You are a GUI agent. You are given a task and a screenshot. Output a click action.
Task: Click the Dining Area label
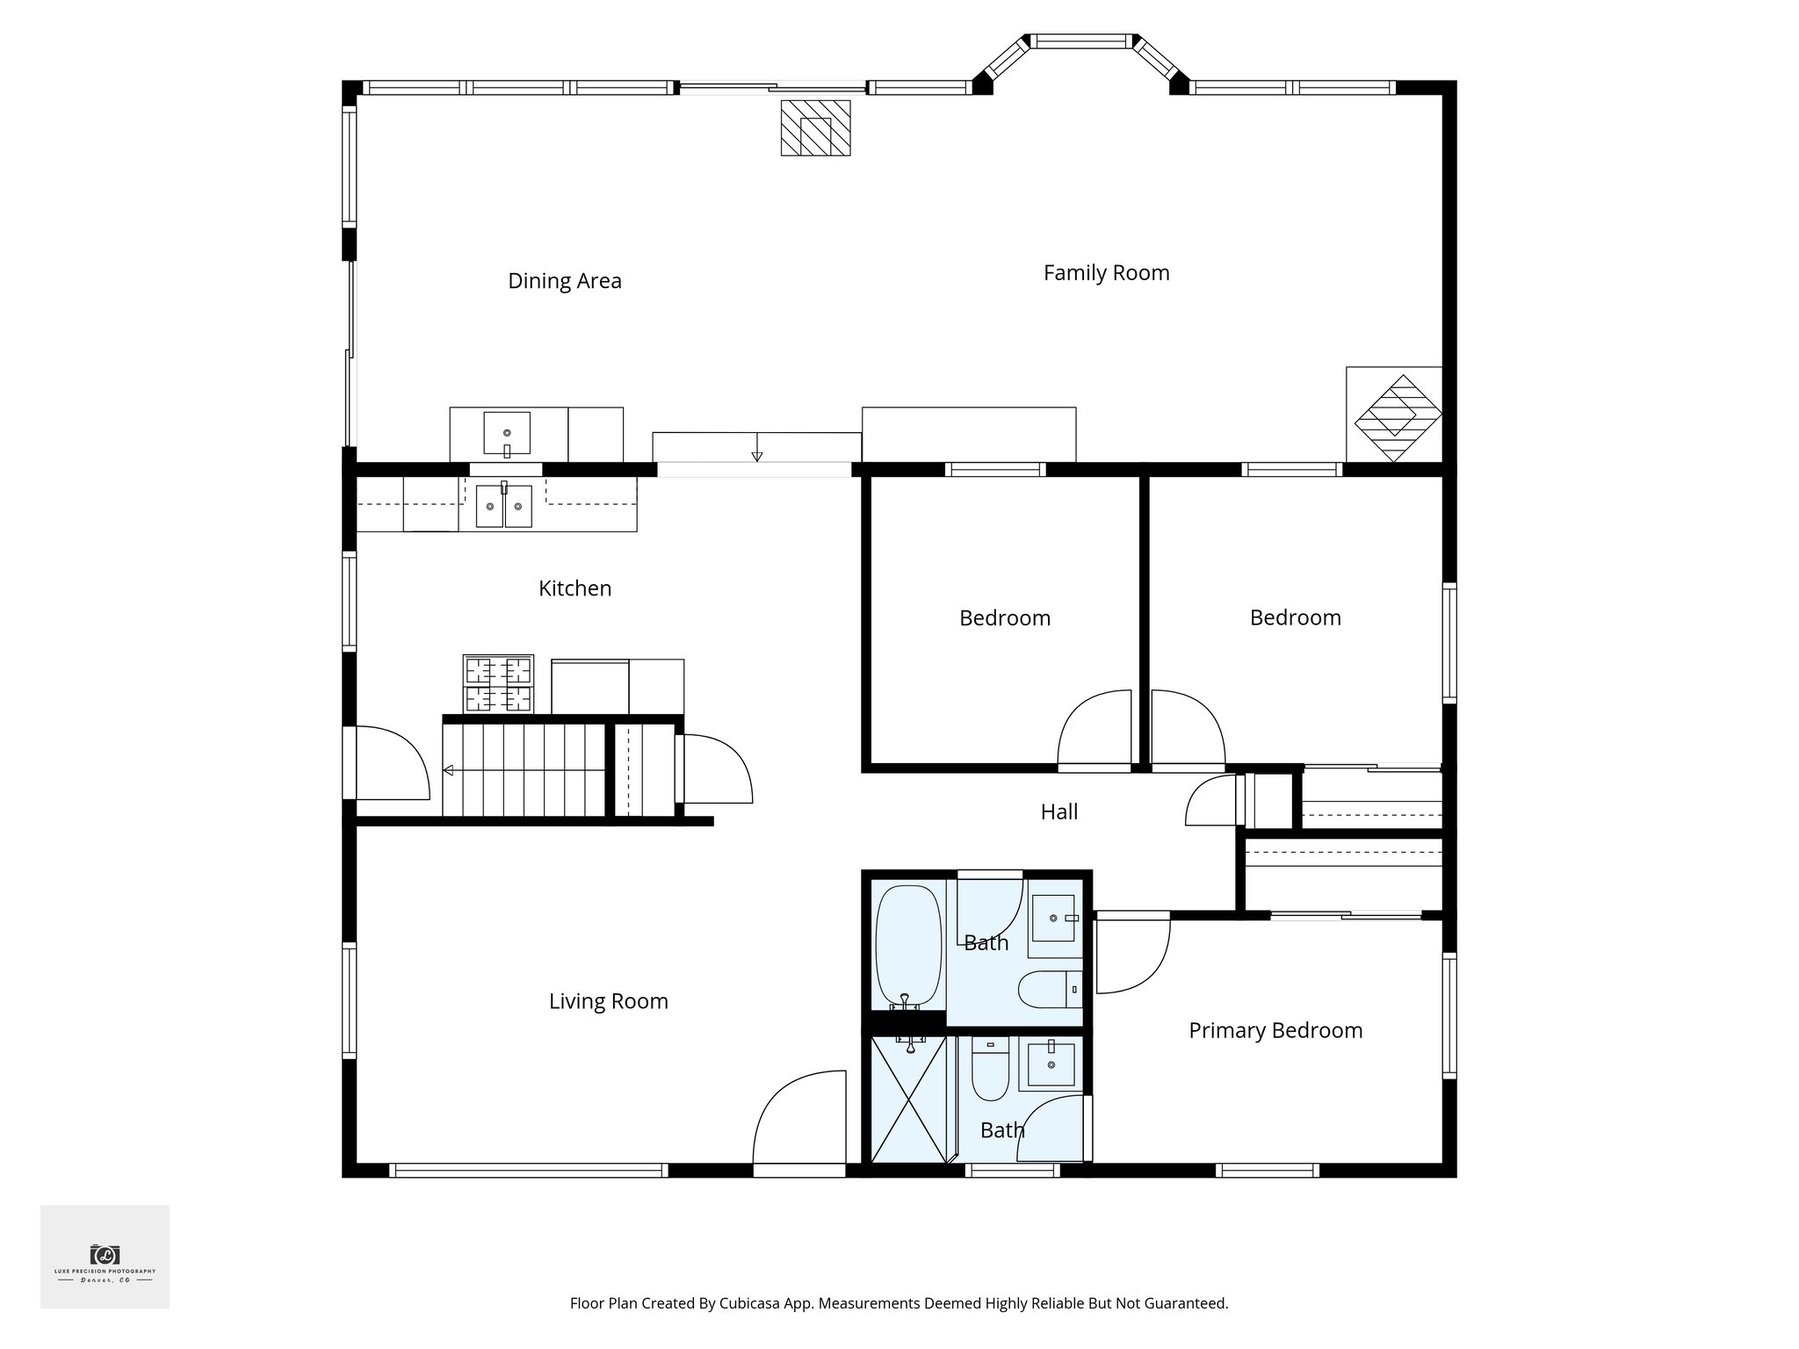click(565, 281)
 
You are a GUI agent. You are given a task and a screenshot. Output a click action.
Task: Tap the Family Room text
click(1106, 273)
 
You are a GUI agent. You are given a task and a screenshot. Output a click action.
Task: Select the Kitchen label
click(574, 588)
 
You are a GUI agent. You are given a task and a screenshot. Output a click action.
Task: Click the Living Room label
click(608, 1001)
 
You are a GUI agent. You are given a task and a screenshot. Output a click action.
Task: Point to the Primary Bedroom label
click(1275, 1030)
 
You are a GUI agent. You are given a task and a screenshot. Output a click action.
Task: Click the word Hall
click(1058, 812)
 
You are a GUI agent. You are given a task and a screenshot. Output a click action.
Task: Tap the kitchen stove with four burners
click(498, 683)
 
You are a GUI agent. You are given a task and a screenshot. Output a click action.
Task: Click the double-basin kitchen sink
click(504, 507)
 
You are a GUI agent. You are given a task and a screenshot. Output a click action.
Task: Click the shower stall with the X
click(908, 1099)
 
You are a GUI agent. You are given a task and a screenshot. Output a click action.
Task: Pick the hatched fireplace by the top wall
click(815, 128)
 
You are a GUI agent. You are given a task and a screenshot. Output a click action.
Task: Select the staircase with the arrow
click(524, 770)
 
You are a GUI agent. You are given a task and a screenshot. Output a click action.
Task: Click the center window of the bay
click(1080, 40)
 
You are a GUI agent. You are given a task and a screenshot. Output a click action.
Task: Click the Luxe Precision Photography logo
click(105, 1257)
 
